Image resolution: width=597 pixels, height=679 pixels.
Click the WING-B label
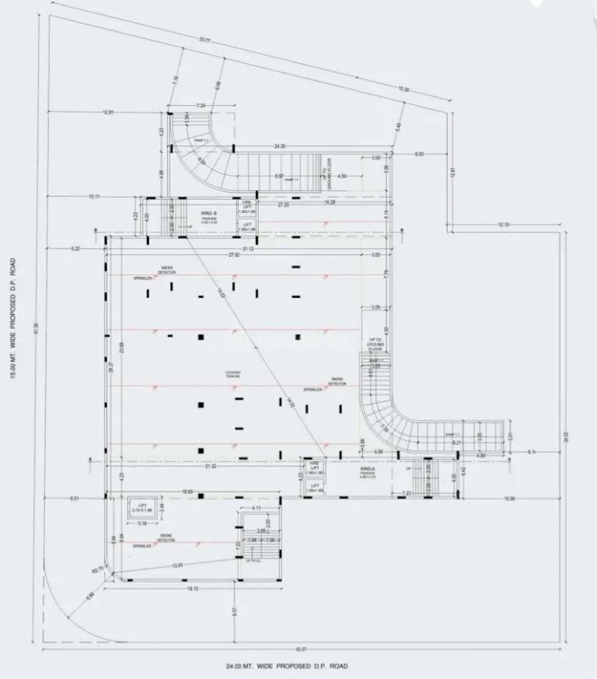(208, 212)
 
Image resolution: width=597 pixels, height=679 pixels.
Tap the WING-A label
(368, 470)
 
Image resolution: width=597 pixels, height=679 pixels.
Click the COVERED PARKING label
(233, 374)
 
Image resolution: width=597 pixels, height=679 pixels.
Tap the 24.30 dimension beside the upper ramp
(280, 146)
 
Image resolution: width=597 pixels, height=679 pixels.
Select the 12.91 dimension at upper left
(108, 113)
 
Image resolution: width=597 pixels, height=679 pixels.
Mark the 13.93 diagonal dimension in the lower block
(177, 565)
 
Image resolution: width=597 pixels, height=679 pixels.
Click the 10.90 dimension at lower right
(508, 498)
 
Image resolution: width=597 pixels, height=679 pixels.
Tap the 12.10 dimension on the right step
(503, 225)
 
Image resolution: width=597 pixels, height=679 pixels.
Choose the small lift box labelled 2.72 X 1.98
(143, 507)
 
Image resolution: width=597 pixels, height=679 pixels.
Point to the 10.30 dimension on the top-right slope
(403, 89)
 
